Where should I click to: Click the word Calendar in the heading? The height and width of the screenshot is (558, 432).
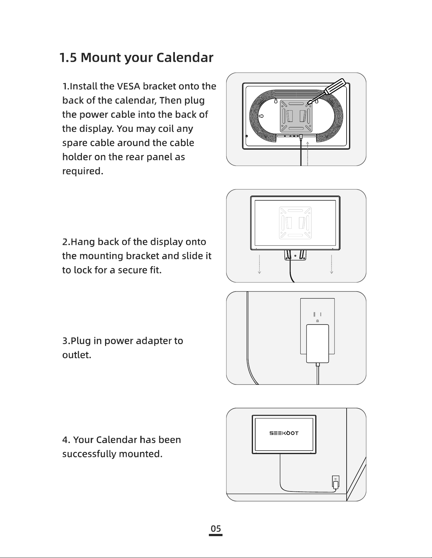pos(185,57)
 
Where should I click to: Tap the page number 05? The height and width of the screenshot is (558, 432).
pos(216,529)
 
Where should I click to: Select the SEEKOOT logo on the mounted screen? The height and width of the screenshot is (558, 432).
pos(284,433)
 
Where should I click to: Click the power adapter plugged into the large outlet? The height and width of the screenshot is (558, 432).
pos(317,343)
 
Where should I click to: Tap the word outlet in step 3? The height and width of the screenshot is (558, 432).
pos(76,355)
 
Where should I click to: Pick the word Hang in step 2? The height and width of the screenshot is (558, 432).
pos(83,242)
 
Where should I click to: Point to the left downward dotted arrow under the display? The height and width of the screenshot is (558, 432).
pos(259,264)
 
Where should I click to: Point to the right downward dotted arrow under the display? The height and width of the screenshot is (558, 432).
pos(331,264)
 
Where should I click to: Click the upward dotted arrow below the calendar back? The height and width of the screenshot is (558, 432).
pos(308,154)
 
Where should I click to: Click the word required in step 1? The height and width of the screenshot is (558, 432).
pos(83,171)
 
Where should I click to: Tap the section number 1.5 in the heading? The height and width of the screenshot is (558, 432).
pos(68,57)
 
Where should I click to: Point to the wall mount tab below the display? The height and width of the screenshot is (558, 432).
pos(295,255)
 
